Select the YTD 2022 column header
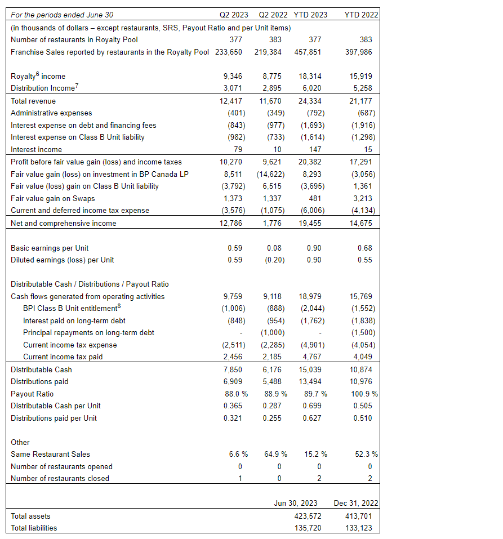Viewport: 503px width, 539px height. (x=361, y=15)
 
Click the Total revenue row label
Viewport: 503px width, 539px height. (x=33, y=101)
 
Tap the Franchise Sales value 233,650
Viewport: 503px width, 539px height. (x=228, y=52)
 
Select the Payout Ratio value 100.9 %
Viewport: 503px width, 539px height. (x=363, y=394)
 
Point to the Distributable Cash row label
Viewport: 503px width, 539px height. (x=41, y=369)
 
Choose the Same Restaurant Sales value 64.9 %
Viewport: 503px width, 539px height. (x=275, y=454)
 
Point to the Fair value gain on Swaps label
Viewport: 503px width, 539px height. (x=53, y=198)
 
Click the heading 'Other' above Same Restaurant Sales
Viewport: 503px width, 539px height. (x=20, y=442)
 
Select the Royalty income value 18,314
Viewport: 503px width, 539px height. (x=311, y=76)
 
